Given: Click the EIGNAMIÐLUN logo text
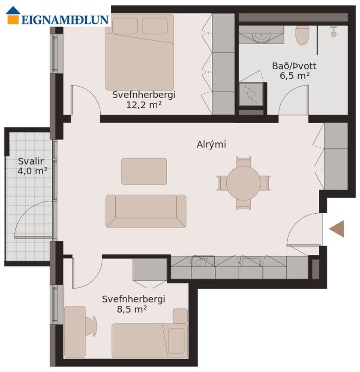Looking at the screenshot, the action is click(65, 20).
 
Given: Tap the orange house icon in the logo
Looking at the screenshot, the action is click(13, 15).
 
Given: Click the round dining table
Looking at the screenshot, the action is click(243, 183).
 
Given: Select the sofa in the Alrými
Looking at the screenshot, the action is click(146, 211).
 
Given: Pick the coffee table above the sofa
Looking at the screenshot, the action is click(144, 171).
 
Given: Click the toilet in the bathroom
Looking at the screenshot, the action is click(302, 35).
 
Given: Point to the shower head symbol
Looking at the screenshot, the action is click(333, 32).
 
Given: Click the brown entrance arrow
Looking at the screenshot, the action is click(336, 229).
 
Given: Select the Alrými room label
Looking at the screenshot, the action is click(211, 144).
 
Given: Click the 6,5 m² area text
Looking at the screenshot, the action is click(294, 76).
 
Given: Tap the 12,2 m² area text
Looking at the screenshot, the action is click(144, 105).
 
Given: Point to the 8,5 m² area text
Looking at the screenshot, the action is click(132, 309).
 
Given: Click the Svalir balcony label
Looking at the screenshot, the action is click(31, 161).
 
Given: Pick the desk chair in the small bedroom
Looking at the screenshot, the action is click(91, 326).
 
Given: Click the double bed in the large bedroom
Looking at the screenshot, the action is click(140, 52).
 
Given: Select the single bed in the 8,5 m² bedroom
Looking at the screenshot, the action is click(150, 340).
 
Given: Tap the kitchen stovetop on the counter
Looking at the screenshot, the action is click(203, 261).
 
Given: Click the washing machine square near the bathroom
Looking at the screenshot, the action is click(251, 94).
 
